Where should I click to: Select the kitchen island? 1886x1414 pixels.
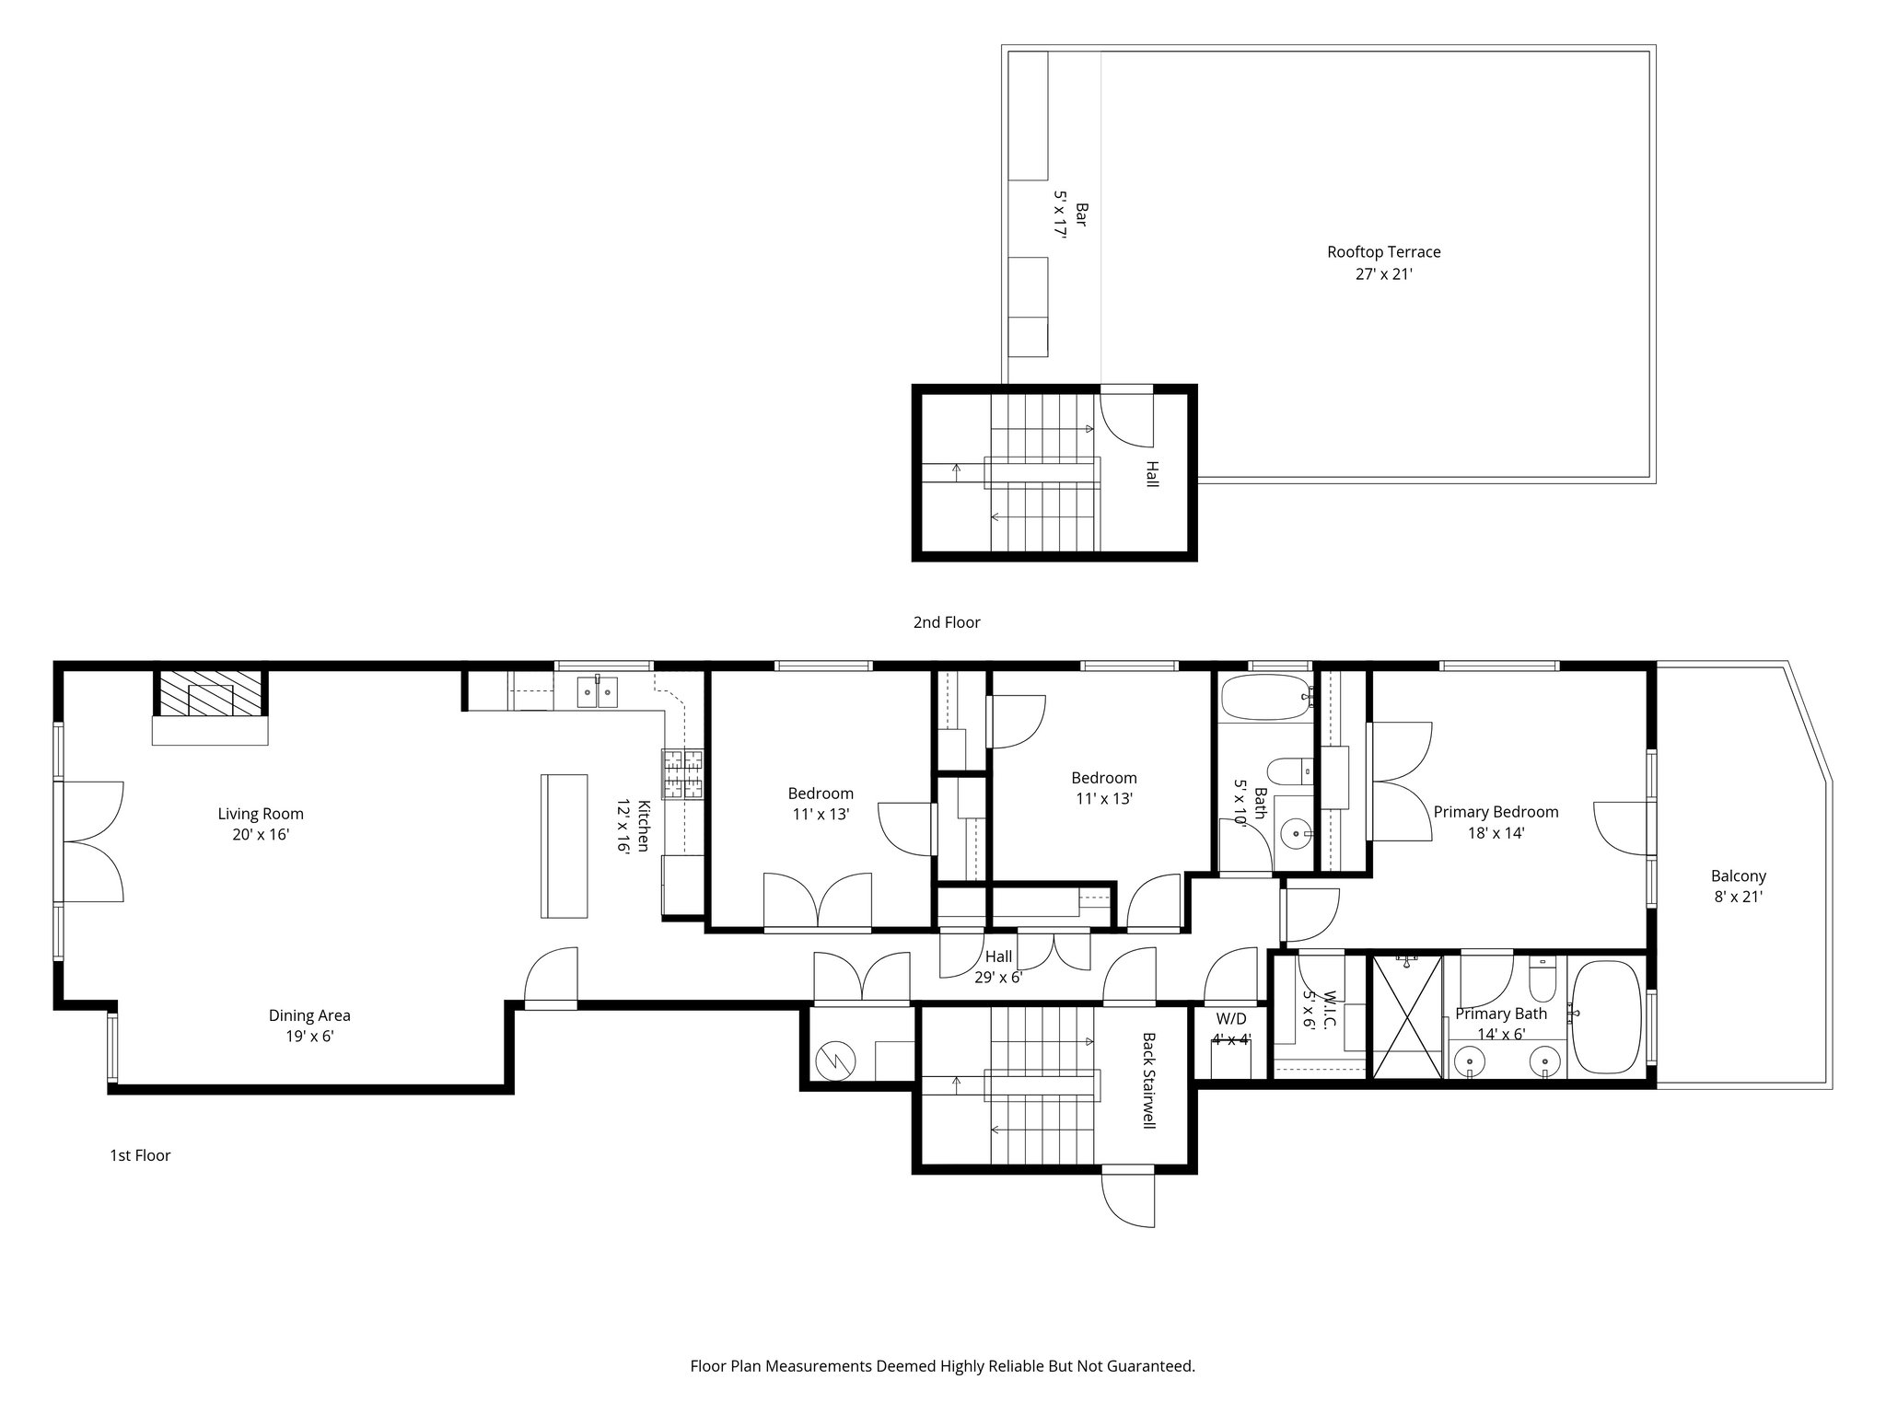tap(564, 846)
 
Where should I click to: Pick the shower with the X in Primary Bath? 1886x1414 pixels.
tap(1407, 1016)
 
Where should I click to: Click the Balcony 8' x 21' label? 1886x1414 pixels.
tap(1739, 887)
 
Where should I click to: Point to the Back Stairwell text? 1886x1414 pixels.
tap(1148, 1081)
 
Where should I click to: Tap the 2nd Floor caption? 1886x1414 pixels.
tap(947, 622)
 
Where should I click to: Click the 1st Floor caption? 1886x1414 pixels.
tap(140, 1155)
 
